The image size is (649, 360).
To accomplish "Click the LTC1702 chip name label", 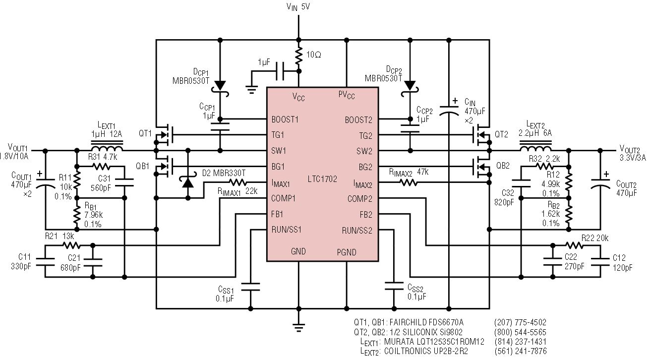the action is [x=322, y=179].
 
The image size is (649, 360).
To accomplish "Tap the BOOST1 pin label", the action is [x=285, y=120].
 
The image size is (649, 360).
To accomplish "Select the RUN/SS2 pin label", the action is [x=357, y=231].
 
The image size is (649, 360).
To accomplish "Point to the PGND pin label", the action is [x=347, y=252].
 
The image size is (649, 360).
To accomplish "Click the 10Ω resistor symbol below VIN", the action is [x=298, y=56].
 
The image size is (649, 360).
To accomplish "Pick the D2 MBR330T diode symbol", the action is [x=188, y=182].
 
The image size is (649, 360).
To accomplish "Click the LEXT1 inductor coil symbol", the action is [x=107, y=146].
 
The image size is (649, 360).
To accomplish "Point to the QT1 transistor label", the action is [x=145, y=133].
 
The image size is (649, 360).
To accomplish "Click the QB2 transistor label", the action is [x=503, y=166].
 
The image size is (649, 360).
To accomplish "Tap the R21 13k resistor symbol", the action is [x=71, y=245].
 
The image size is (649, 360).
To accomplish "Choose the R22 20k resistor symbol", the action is [x=574, y=245].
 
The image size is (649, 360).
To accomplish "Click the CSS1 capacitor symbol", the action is [x=250, y=287].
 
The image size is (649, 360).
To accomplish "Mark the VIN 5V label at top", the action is [x=298, y=6].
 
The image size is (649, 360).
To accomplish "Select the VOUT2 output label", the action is [x=633, y=153].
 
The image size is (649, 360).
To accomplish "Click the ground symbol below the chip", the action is [x=298, y=327].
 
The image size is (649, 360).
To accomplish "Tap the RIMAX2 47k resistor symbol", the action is [x=409, y=182].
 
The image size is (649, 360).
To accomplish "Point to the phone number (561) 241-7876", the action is [x=521, y=351].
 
